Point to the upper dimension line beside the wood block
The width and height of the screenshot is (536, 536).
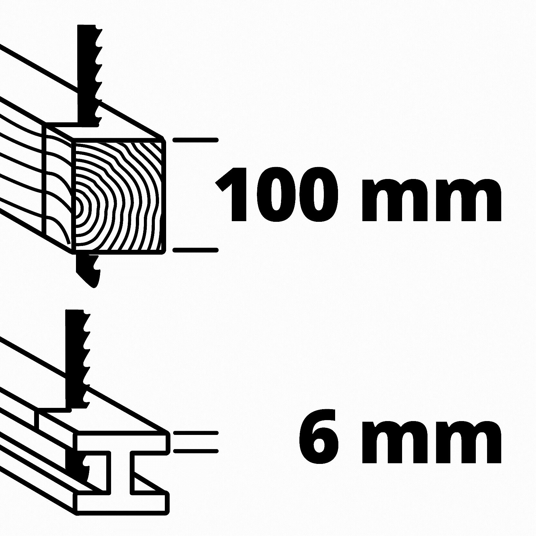196,140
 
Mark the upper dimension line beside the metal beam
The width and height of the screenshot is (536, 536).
196,433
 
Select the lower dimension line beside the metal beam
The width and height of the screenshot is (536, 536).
196,451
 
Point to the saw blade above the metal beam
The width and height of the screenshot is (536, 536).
76,357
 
